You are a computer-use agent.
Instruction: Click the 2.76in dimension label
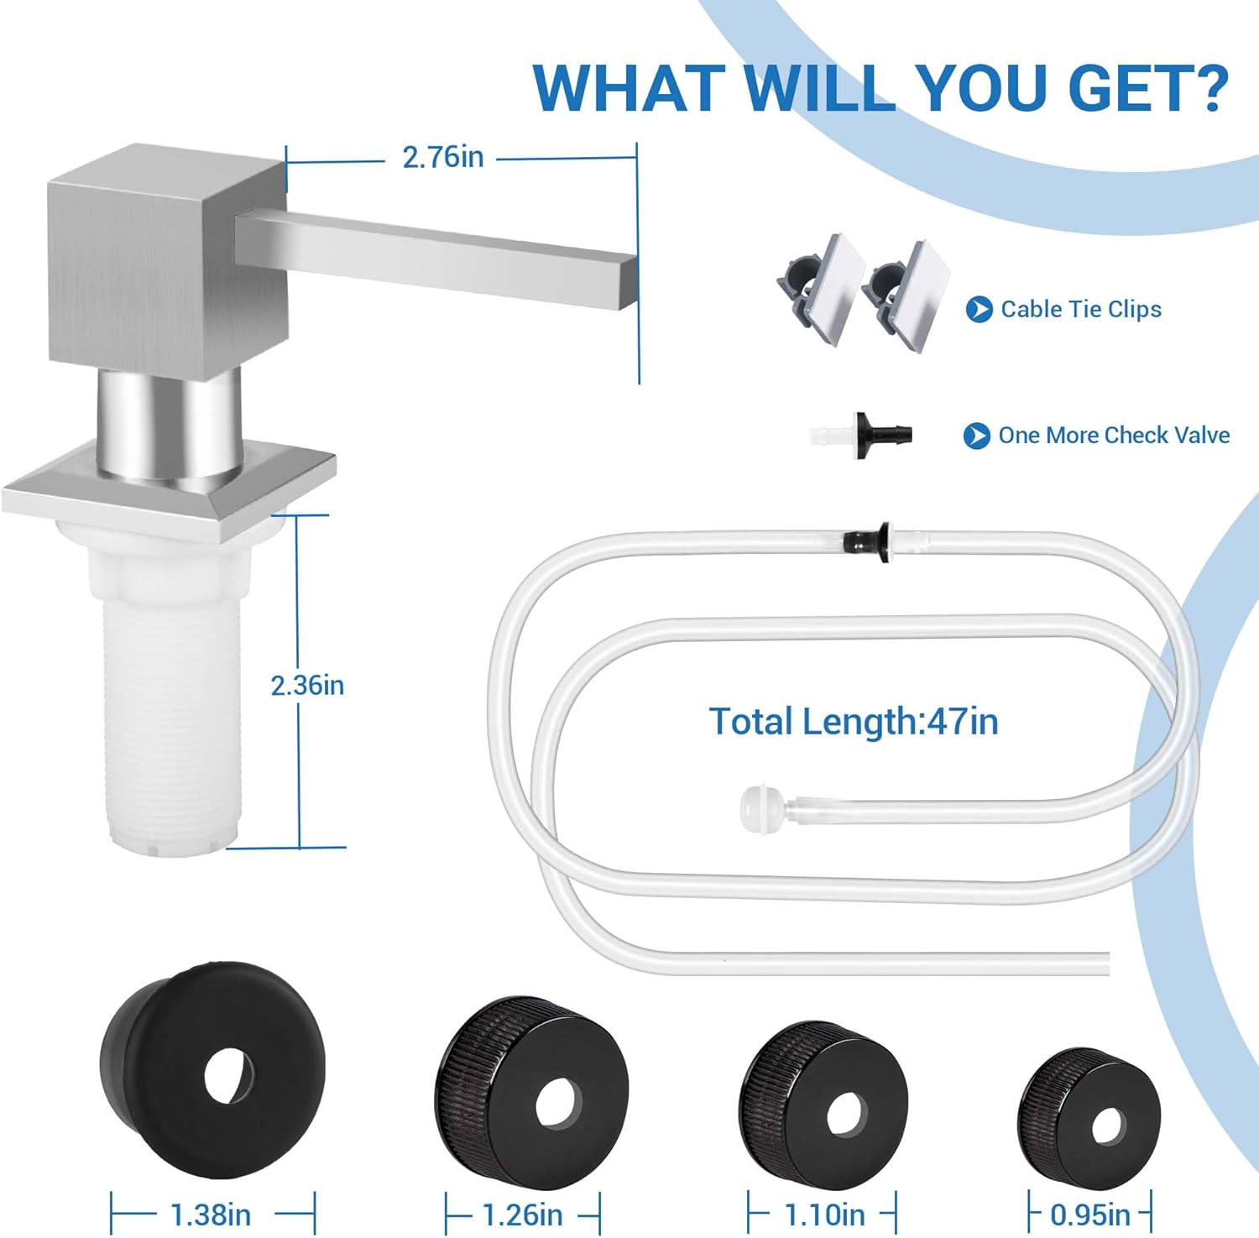coord(443,157)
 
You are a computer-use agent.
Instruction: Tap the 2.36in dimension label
coord(307,686)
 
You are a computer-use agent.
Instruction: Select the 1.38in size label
coord(211,1214)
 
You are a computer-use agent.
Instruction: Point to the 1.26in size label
coord(522,1214)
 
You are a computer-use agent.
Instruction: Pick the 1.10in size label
coord(824,1214)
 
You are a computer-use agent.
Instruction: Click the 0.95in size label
coord(1090,1214)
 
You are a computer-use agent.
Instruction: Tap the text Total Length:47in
coord(854,721)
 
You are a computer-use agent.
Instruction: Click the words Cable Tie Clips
coord(1081,309)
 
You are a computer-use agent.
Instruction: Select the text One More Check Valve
coord(1114,435)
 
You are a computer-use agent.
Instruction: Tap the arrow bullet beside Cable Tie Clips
coord(979,310)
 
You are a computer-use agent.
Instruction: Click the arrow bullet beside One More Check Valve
coord(976,436)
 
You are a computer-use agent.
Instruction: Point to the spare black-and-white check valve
coord(861,435)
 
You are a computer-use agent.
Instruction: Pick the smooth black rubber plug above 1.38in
coord(212,1070)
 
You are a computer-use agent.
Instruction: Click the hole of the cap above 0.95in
coord(1107,1126)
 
